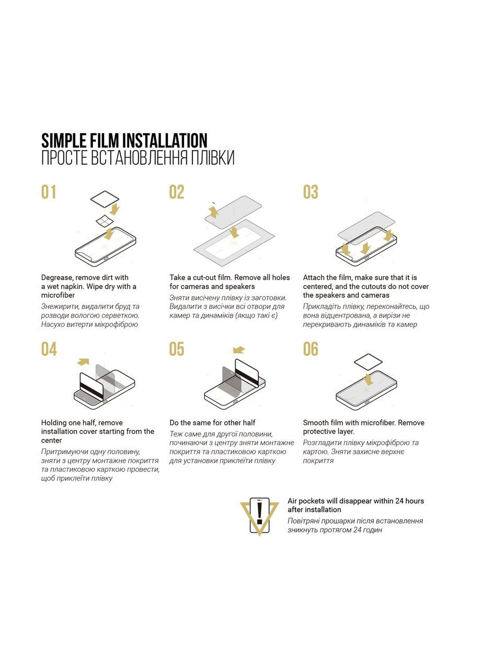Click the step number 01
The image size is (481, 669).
pyautogui.click(x=49, y=192)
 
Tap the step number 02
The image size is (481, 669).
pyautogui.click(x=177, y=192)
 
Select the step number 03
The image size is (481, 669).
pyautogui.click(x=311, y=192)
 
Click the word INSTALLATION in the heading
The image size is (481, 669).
pyautogui.click(x=165, y=141)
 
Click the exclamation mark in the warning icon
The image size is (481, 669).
pyautogui.click(x=259, y=513)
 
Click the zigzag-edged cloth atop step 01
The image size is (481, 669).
pyautogui.click(x=105, y=198)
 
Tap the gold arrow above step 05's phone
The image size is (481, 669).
pyautogui.click(x=239, y=350)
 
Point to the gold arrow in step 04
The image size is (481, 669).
pyautogui.click(x=83, y=362)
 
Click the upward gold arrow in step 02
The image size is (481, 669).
pyautogui.click(x=214, y=212)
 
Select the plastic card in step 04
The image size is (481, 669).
pyautogui.click(x=91, y=386)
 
